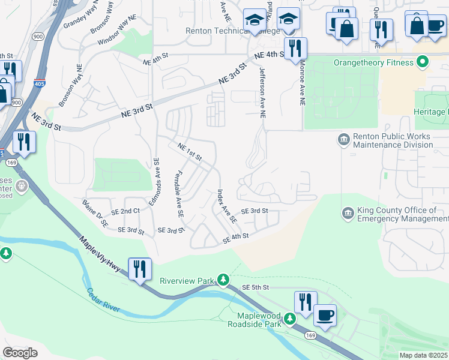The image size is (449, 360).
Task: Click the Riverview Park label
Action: click(x=187, y=280)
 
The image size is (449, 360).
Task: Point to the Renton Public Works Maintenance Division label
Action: click(x=393, y=140)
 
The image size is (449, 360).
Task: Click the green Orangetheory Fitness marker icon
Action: click(x=422, y=62)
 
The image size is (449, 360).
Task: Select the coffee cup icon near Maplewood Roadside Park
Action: click(x=325, y=315)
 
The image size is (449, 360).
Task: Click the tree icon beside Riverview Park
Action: click(x=223, y=280)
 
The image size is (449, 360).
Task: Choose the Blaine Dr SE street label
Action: click(x=96, y=214)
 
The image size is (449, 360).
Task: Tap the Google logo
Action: click(x=20, y=352)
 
